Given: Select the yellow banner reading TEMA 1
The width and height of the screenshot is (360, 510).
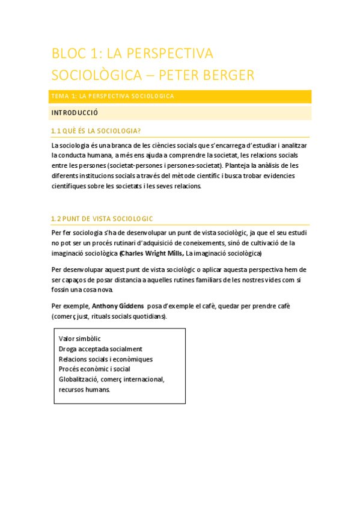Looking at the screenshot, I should [x=181, y=96].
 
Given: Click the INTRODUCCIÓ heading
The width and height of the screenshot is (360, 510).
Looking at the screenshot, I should [x=75, y=112].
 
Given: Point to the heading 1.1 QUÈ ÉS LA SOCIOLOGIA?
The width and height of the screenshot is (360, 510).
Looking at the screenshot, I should [x=96, y=131].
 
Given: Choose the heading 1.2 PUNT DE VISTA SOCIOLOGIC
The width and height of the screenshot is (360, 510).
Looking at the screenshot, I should [x=102, y=218].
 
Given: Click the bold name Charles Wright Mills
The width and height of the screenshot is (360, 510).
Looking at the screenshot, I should [x=152, y=253].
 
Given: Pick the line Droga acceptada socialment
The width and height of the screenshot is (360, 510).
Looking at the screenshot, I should [x=100, y=349].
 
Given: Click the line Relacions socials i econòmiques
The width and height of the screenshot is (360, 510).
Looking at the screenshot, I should [x=106, y=359].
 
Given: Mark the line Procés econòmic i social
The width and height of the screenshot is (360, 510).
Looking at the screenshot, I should [x=94, y=369].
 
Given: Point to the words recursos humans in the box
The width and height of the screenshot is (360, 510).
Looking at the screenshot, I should [x=84, y=389].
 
